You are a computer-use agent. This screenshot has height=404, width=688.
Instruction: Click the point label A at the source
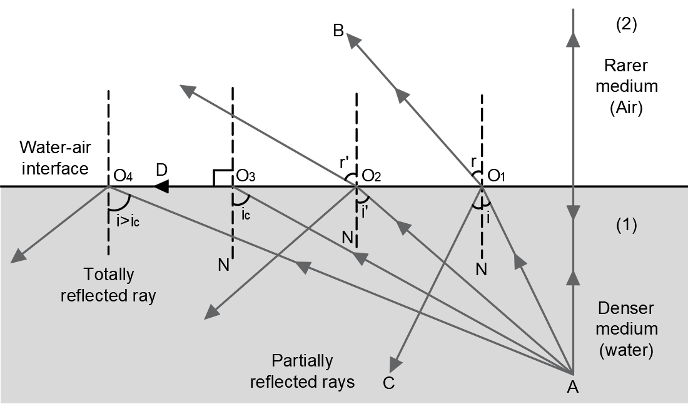click(572, 387)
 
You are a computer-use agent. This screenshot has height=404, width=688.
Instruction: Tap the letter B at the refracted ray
click(338, 31)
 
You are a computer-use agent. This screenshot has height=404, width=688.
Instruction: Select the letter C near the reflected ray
click(388, 383)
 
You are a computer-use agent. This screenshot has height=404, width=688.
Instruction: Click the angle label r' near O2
click(343, 161)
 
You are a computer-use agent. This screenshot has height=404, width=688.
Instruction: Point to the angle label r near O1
click(474, 161)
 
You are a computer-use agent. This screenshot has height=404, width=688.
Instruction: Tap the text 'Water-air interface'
click(53, 158)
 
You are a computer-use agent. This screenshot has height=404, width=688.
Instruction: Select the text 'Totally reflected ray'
click(108, 285)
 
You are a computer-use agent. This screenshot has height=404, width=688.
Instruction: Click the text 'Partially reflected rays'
click(302, 371)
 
